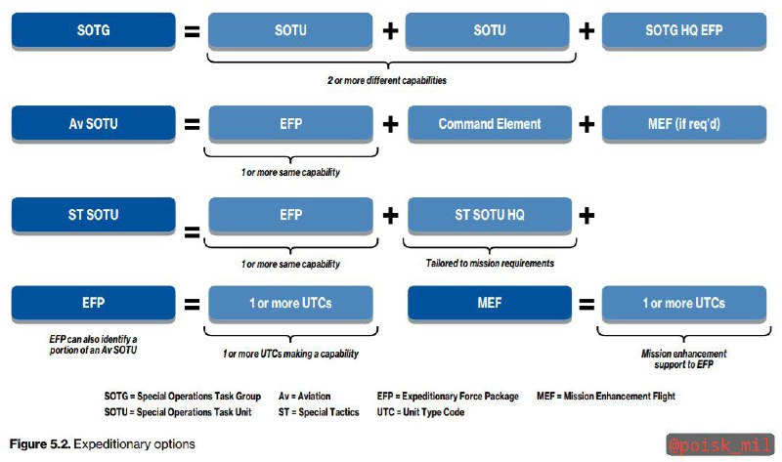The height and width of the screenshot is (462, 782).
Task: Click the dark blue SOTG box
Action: (93, 30)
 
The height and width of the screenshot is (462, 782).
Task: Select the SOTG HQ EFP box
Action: (683, 30)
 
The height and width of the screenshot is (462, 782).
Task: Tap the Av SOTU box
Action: (93, 124)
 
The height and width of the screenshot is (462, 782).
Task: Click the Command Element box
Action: (490, 124)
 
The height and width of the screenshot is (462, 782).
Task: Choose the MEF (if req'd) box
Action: (683, 124)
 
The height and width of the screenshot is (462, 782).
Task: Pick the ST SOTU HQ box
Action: (490, 215)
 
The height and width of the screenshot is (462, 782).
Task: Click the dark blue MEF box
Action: (490, 303)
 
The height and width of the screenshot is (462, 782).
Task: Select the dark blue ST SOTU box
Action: (93, 215)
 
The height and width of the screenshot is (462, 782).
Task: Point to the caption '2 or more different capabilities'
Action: (387, 80)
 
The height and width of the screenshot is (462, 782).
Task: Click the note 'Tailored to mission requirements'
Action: (490, 263)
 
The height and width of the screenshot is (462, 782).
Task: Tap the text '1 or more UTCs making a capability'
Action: (290, 354)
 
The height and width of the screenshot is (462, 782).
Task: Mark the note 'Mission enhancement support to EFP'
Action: (683, 358)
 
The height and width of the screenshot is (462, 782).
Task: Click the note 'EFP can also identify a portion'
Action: (93, 345)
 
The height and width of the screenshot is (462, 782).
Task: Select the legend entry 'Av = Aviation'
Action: (304, 397)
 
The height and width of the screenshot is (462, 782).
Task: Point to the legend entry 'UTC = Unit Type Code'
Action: (420, 412)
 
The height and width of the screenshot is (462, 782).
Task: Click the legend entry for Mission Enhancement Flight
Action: (606, 397)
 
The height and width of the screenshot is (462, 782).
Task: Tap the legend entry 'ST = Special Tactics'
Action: (319, 412)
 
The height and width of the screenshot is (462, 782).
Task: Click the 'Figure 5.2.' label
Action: (40, 444)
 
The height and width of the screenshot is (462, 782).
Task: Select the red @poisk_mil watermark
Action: (719, 444)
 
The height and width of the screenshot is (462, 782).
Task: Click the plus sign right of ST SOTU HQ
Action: (587, 215)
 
